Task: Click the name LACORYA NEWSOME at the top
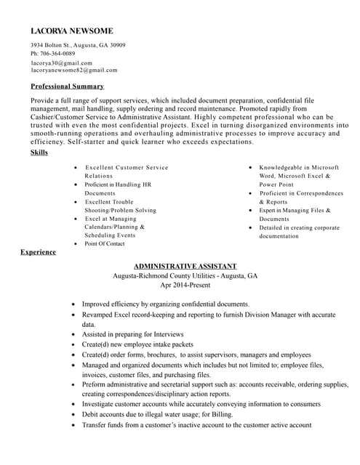tap(71, 31)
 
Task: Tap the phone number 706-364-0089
tap(58, 54)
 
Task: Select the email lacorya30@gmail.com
tap(61, 62)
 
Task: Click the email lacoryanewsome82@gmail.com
tap(73, 70)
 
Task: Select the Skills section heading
tap(39, 153)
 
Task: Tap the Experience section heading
tap(38, 251)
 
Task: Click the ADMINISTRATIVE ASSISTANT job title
tap(185, 266)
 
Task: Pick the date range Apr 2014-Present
tap(185, 285)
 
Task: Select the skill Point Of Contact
tap(104, 244)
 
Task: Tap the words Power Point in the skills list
tap(276, 185)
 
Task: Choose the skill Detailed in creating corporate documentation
tap(298, 232)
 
